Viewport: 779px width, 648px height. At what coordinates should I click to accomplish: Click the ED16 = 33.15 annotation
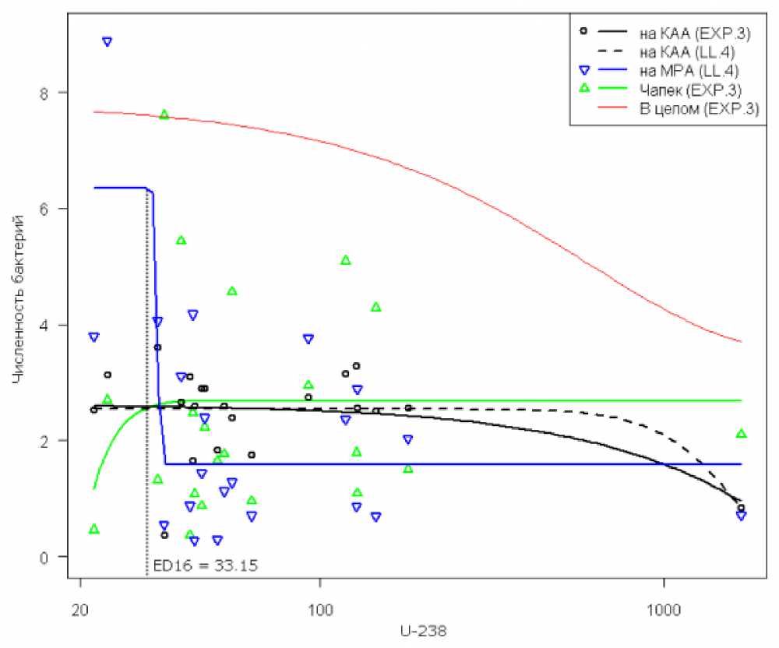click(x=205, y=565)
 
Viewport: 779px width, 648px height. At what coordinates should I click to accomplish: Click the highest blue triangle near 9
click(x=107, y=41)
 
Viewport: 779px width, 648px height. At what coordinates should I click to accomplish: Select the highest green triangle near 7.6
click(x=164, y=114)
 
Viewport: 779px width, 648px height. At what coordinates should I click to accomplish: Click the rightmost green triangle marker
click(x=741, y=433)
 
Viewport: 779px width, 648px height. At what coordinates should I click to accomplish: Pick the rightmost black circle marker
click(x=741, y=508)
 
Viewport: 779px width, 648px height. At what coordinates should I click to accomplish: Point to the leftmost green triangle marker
click(x=94, y=529)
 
